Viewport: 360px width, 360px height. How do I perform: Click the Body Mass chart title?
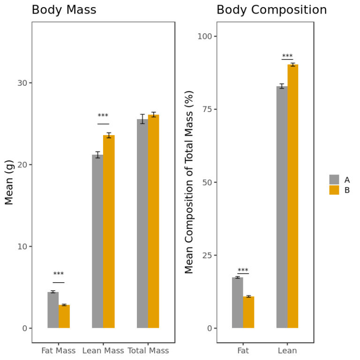pos(64,10)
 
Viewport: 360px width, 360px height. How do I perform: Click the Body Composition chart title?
pos(271,10)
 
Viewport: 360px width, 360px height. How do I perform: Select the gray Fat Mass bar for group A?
pos(53,310)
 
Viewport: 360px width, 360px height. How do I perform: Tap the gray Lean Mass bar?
pos(97,241)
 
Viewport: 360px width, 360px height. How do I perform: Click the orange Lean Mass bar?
pos(109,232)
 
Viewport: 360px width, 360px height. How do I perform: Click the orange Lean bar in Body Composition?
pos(293,196)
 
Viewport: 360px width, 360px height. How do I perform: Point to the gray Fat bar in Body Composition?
pos(237,303)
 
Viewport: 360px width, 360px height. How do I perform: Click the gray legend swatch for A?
pos(334,180)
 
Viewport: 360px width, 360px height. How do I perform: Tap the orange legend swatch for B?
pos(334,190)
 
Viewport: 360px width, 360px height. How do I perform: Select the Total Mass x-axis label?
pos(148,351)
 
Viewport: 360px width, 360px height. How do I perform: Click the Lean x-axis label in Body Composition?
pos(287,351)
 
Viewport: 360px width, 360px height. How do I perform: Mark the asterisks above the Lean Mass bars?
pos(103,116)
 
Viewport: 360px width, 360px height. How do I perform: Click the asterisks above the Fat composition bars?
pos(243,270)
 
